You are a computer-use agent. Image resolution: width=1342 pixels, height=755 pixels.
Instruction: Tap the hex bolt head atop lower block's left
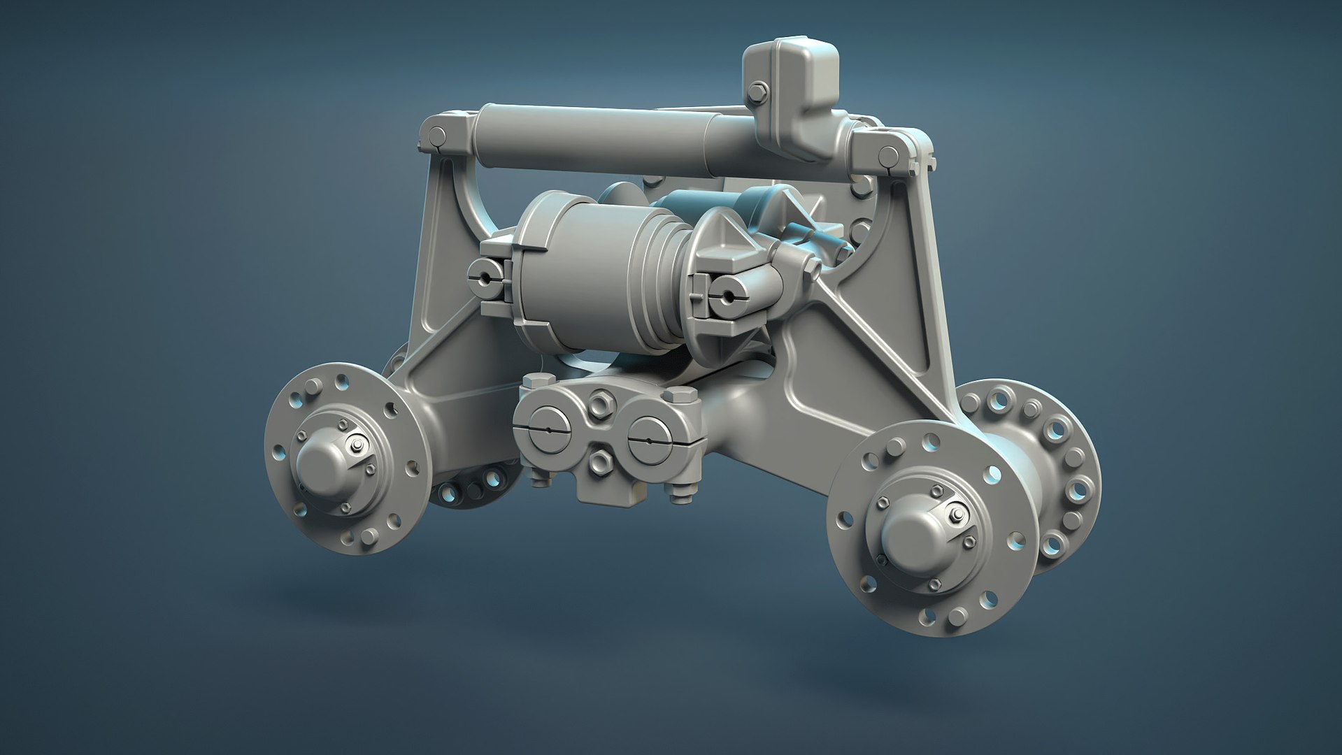click(x=533, y=383)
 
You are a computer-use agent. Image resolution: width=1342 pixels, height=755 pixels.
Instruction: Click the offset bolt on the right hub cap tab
click(x=955, y=515)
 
